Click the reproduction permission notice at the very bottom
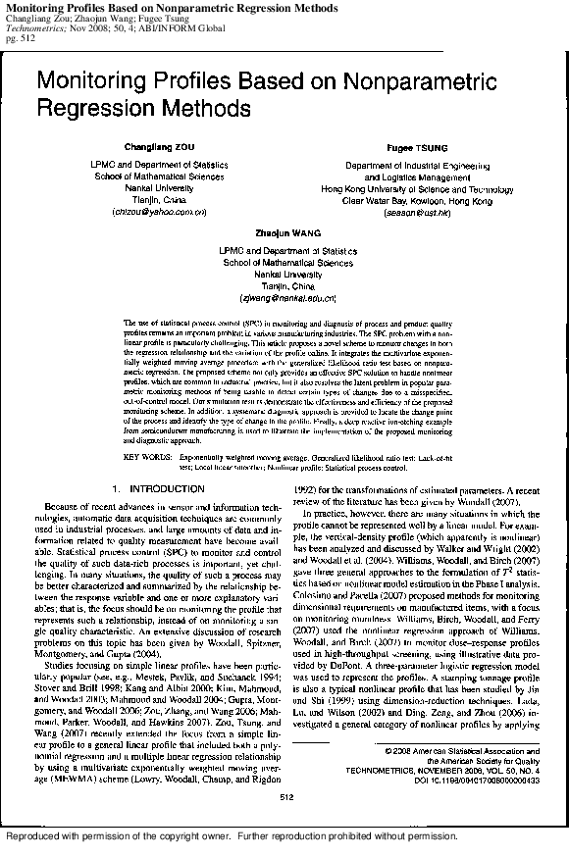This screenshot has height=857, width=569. (233, 836)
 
